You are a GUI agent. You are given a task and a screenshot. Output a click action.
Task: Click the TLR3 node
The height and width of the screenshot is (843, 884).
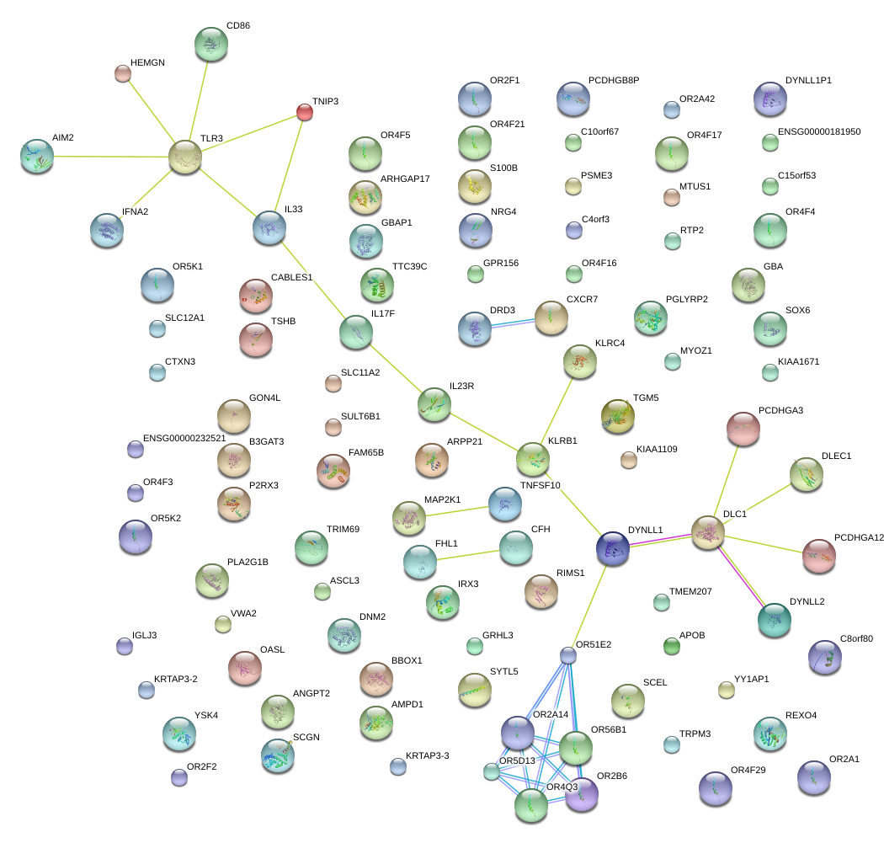185,157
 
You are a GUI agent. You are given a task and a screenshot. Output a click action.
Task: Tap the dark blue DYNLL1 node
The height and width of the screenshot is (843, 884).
612,548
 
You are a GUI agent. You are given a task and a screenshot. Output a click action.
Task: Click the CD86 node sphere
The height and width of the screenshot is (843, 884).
210,44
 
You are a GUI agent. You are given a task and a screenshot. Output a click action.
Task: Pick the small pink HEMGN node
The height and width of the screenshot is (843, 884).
123,74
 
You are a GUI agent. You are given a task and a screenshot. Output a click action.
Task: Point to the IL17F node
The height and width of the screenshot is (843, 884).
355,332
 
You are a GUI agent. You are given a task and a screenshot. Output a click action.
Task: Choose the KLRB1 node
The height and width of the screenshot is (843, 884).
533,459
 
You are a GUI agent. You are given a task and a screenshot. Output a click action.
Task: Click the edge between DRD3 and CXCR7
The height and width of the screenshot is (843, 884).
514,323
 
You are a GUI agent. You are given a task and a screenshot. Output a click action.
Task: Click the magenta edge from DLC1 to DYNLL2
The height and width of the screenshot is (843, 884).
741,576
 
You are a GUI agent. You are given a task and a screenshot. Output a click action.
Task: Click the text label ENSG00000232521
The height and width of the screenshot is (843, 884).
184,438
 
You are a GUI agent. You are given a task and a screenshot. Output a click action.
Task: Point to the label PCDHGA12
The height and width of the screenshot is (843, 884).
859,537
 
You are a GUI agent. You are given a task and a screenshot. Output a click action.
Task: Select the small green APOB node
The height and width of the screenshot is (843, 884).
671,646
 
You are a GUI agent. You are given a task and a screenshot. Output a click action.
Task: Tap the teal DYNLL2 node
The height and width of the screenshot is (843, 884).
774,620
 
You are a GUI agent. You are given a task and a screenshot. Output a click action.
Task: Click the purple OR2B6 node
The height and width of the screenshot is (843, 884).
581,794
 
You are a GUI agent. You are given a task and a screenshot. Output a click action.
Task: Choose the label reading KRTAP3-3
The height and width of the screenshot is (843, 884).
428,755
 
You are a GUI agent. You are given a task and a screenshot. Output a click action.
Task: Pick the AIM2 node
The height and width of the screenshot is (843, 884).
37,156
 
